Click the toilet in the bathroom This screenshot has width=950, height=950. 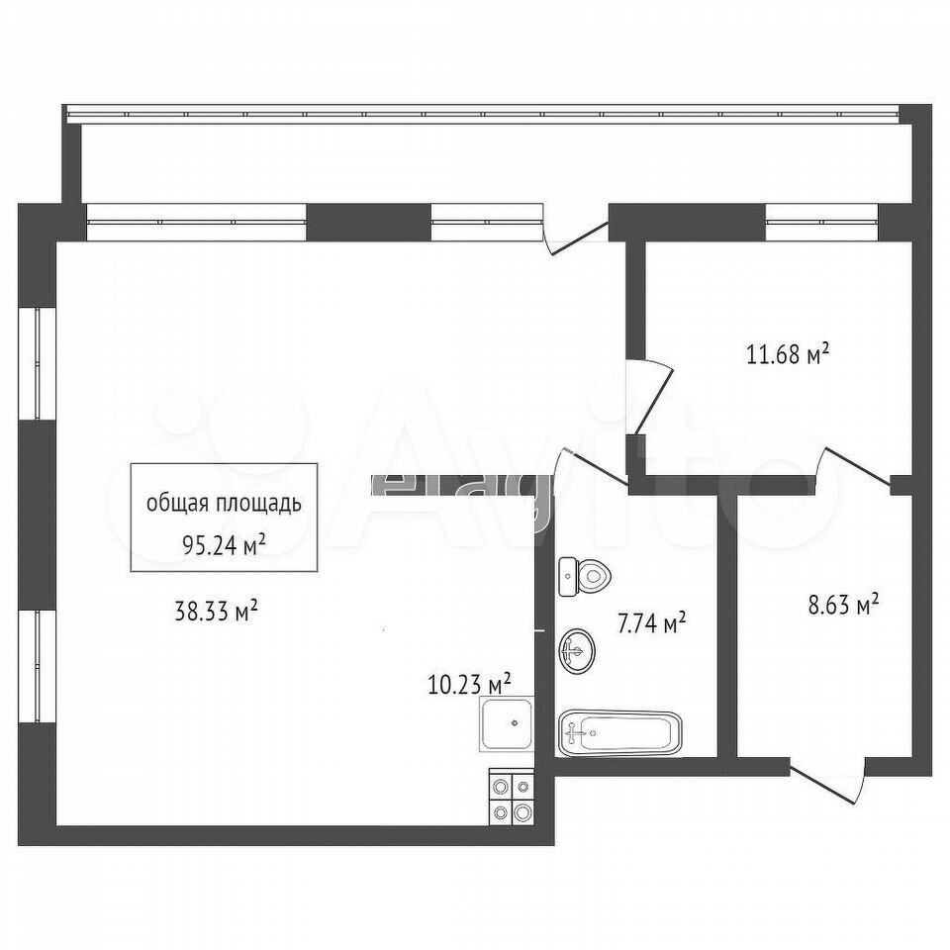585,576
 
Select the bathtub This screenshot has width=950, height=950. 619,733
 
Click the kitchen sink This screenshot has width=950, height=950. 507,723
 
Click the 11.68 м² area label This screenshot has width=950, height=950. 788,354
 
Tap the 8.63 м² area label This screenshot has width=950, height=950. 843,605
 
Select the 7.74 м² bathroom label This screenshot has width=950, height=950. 652,622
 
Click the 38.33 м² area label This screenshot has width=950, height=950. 217,612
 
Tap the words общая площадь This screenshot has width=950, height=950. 225,504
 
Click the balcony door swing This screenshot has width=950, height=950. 576,237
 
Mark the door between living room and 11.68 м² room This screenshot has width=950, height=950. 649,397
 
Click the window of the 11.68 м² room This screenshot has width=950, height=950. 822,223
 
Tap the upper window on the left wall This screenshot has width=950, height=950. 38,363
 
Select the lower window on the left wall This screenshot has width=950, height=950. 38,666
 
